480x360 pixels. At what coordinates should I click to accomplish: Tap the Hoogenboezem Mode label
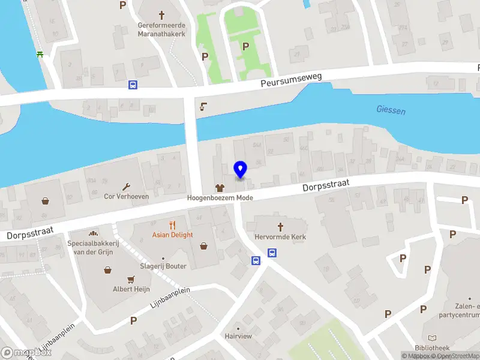[x=220, y=198]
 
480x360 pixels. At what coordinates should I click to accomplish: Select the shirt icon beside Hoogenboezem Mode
[x=220, y=188]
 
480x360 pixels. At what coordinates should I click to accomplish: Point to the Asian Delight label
[x=173, y=235]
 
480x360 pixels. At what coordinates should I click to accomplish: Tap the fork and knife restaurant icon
[x=172, y=226]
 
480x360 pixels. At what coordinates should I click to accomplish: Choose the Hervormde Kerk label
[x=280, y=237]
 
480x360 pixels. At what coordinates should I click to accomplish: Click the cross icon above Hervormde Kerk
[x=280, y=227]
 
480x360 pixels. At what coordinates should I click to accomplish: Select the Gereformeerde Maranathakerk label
[x=161, y=29]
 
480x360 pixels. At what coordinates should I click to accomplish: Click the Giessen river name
[x=391, y=110]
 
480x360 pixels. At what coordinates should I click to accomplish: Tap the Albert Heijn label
[x=130, y=289]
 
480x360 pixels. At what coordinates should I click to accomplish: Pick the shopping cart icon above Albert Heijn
[x=130, y=279]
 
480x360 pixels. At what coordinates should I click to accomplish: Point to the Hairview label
[x=238, y=337]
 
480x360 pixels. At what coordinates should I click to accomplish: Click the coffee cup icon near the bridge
[x=203, y=107]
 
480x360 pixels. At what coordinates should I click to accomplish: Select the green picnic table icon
[x=40, y=54]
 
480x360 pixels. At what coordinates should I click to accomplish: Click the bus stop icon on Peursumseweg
[x=132, y=85]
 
